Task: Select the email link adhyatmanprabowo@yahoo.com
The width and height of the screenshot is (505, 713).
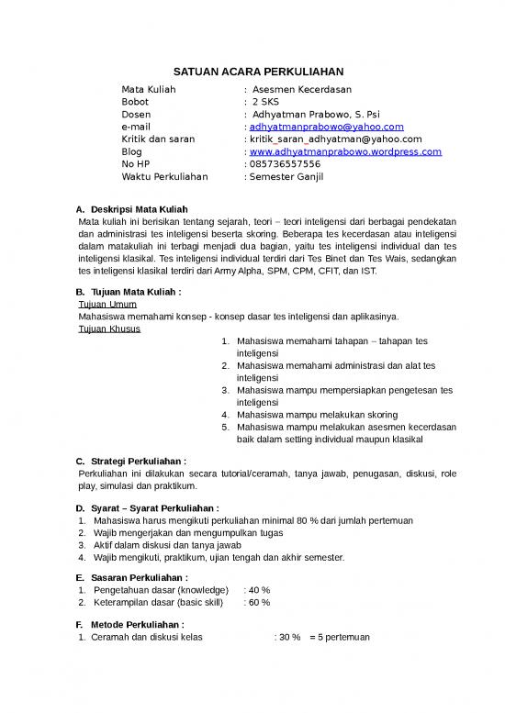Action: [326, 127]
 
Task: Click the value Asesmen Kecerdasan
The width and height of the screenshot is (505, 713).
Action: [303, 89]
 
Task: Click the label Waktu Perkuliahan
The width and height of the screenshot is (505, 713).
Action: [165, 176]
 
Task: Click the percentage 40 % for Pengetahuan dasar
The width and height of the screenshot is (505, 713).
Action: [259, 590]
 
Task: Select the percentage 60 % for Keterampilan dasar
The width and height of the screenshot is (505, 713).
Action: [259, 603]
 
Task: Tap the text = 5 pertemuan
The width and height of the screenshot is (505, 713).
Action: [340, 638]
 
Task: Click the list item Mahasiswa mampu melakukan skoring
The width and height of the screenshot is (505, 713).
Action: [310, 415]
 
